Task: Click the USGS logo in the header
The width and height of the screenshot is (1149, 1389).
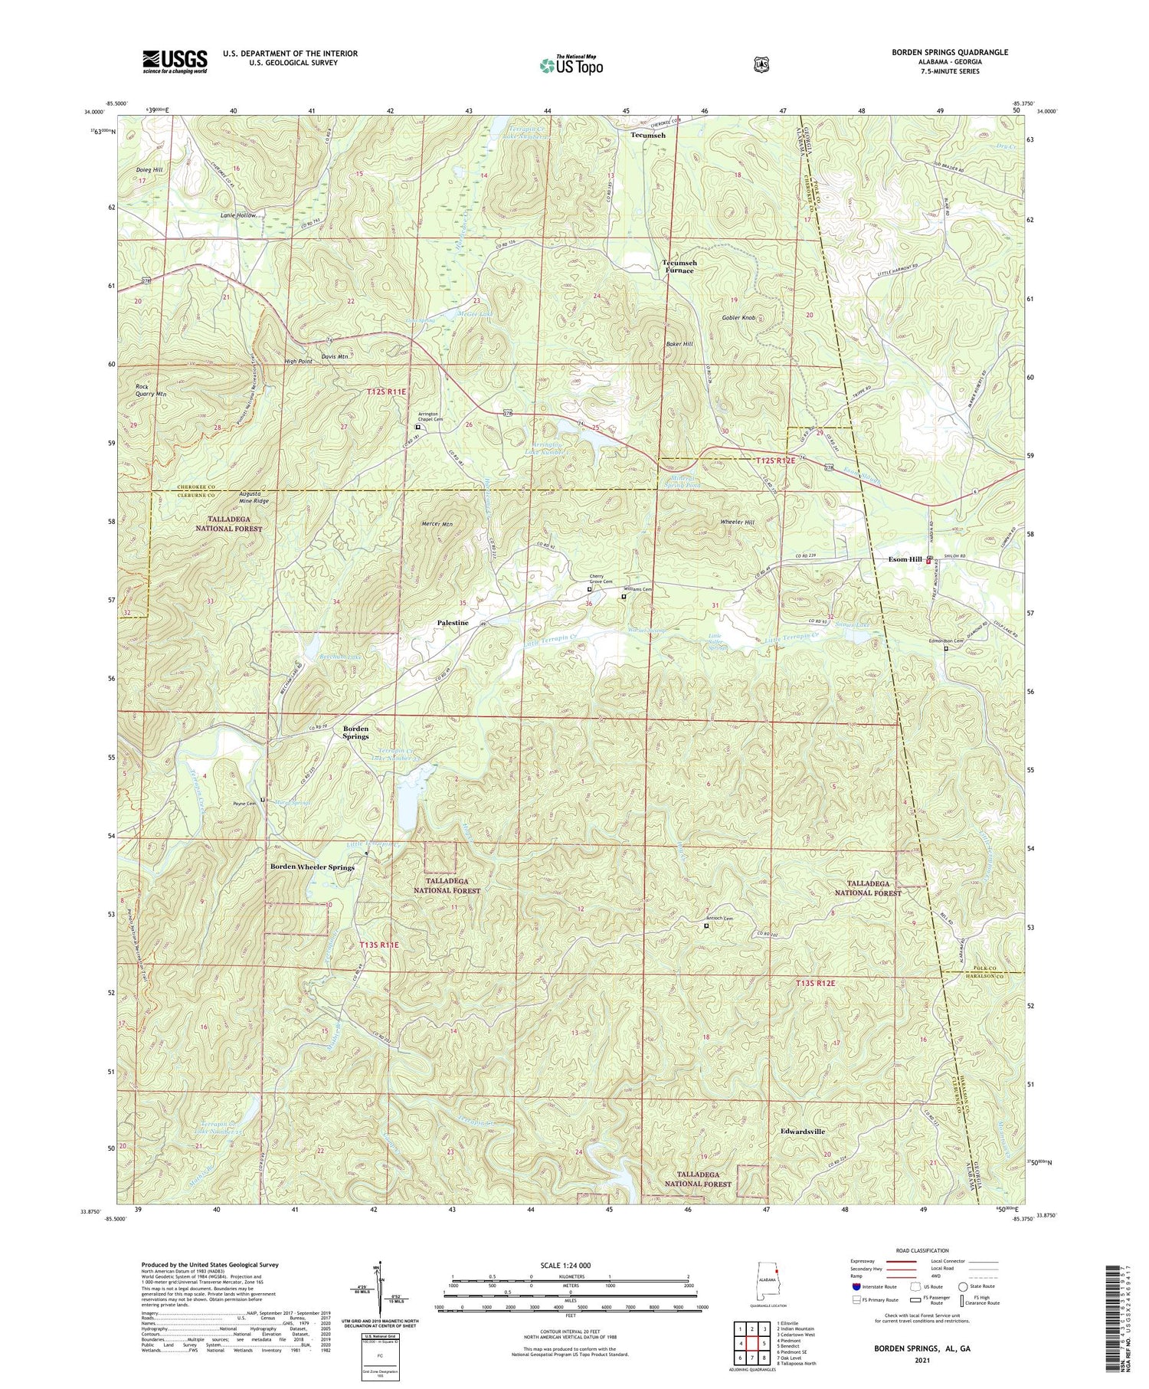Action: pos(175,61)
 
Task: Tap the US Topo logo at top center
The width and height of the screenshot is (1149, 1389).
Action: pos(571,65)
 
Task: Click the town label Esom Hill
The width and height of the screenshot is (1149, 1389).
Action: pos(905,559)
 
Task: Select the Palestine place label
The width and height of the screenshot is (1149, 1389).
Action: pos(453,623)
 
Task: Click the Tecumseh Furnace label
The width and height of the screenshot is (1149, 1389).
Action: pos(679,267)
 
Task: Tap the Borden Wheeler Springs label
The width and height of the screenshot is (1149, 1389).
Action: pos(312,867)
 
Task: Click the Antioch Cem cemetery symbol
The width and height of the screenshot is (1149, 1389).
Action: pos(706,925)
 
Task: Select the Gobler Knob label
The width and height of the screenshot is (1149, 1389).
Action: pos(738,317)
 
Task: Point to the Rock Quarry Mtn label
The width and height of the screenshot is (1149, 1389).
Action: pos(150,390)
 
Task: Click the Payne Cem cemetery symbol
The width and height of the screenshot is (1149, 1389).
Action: pos(263,800)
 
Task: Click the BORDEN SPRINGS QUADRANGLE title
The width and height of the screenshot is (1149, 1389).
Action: pos(949,52)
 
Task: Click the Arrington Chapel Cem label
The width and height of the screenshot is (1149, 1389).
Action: pos(430,417)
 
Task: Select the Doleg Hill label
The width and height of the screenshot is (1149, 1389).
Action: pos(149,169)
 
